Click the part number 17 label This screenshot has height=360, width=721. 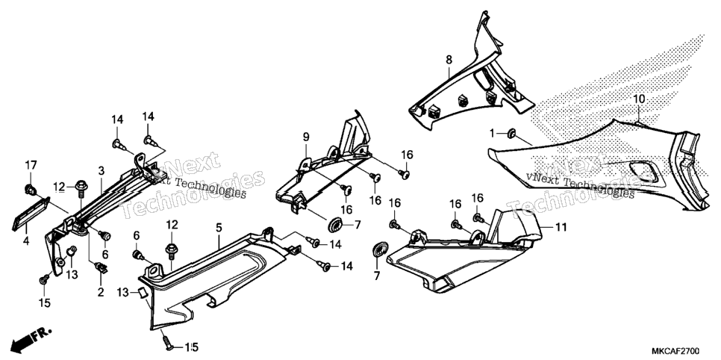click(31, 165)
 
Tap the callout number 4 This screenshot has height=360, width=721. click(26, 240)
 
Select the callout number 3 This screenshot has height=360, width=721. click(102, 170)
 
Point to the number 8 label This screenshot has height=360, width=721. click(449, 60)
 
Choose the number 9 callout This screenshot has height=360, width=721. click(306, 137)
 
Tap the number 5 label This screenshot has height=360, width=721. click(219, 227)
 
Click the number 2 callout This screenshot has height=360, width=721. click(101, 292)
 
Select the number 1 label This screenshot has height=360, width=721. click(493, 134)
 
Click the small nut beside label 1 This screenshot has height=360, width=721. click(510, 134)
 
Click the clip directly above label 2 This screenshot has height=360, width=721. click(100, 267)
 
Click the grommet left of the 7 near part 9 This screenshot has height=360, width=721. click(336, 225)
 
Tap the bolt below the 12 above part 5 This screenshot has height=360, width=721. click(171, 251)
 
